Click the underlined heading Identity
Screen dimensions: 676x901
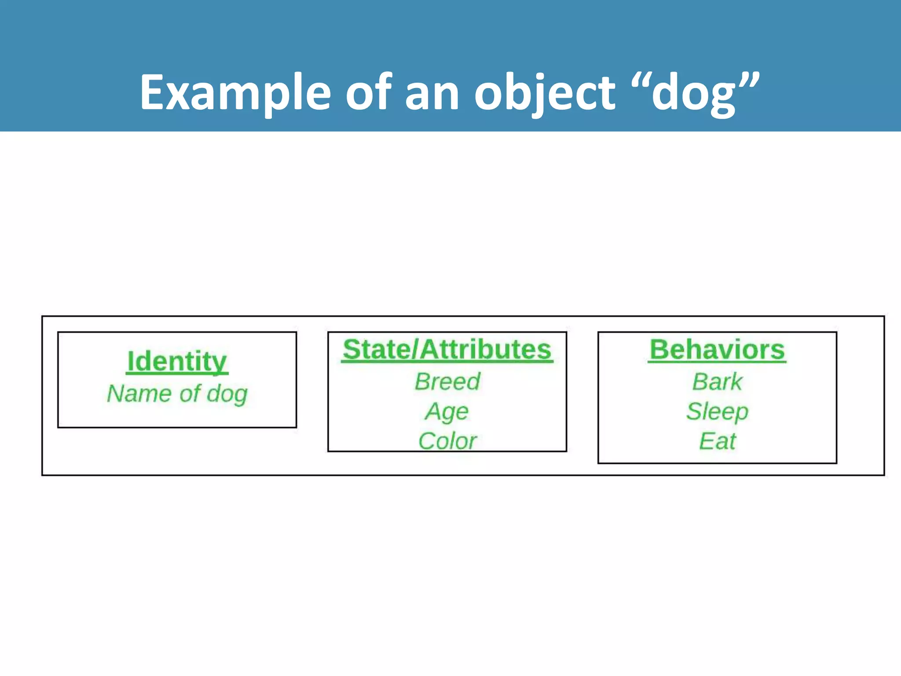tap(177, 361)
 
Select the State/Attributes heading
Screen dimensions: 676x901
tap(447, 349)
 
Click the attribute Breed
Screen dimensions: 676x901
tap(447, 381)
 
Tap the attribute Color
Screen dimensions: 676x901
tap(447, 441)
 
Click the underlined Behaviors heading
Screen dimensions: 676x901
tap(717, 349)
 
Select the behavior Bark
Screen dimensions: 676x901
tap(717, 381)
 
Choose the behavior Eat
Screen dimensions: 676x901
tap(717, 441)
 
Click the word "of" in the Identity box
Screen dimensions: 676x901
tap(190, 393)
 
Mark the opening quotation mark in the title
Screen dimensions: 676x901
tap(639, 81)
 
